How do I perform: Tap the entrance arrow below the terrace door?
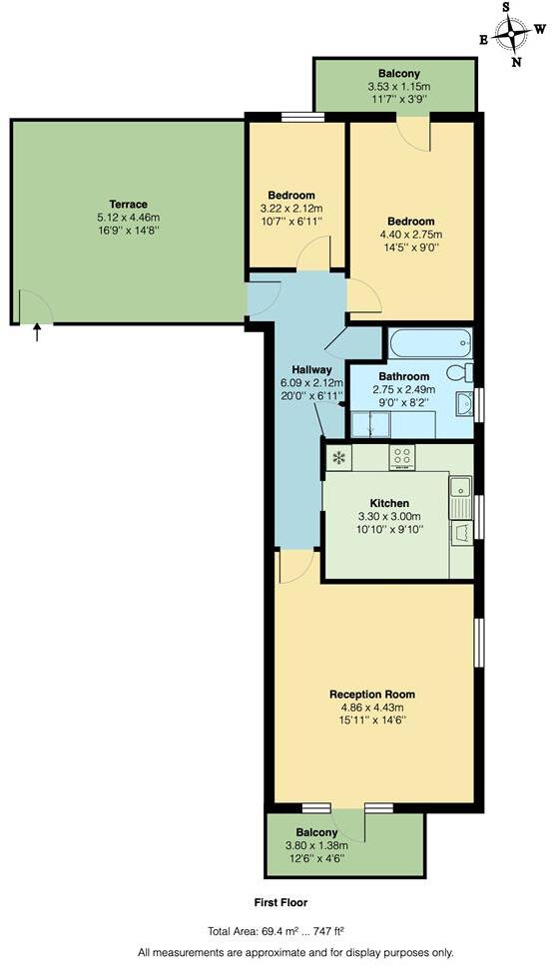click(38, 332)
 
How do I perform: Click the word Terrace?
click(128, 204)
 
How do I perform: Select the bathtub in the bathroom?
click(429, 344)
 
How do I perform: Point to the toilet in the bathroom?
click(460, 373)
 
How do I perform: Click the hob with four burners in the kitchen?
click(402, 458)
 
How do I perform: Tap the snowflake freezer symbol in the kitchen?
click(338, 458)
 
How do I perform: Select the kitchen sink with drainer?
click(460, 499)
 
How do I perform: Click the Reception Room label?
click(372, 695)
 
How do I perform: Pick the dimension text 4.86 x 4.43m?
click(372, 709)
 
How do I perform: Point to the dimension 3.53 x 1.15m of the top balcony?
click(398, 87)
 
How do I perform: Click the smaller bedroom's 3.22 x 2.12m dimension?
click(292, 209)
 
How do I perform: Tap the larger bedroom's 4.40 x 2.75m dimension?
click(411, 235)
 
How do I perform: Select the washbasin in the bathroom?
click(463, 404)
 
